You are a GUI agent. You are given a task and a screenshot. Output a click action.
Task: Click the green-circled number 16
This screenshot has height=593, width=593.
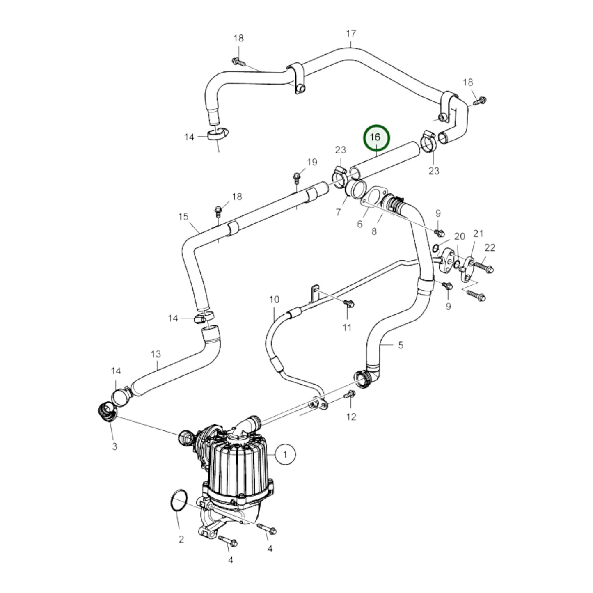click(376, 137)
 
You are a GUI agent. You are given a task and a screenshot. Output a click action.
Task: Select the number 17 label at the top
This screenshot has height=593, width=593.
click(351, 33)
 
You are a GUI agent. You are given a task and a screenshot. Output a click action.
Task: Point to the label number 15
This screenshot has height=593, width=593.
click(183, 217)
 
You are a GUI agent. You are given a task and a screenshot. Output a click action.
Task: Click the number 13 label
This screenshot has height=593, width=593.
click(156, 354)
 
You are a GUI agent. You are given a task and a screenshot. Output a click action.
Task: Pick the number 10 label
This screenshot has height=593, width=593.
click(274, 300)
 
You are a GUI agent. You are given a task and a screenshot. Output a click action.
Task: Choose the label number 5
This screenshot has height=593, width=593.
click(401, 345)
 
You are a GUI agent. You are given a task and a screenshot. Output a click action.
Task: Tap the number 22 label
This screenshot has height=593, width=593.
click(490, 247)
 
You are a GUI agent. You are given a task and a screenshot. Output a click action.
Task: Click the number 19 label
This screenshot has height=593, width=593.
click(312, 162)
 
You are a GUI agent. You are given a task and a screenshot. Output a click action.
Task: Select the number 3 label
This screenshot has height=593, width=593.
click(114, 446)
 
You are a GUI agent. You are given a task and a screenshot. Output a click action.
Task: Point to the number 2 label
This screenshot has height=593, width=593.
click(181, 539)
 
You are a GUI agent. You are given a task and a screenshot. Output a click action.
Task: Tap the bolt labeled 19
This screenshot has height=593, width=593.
click(296, 178)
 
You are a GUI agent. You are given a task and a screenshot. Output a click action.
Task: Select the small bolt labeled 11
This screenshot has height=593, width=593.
click(349, 304)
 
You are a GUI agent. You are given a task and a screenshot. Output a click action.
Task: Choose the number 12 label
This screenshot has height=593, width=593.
click(351, 417)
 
